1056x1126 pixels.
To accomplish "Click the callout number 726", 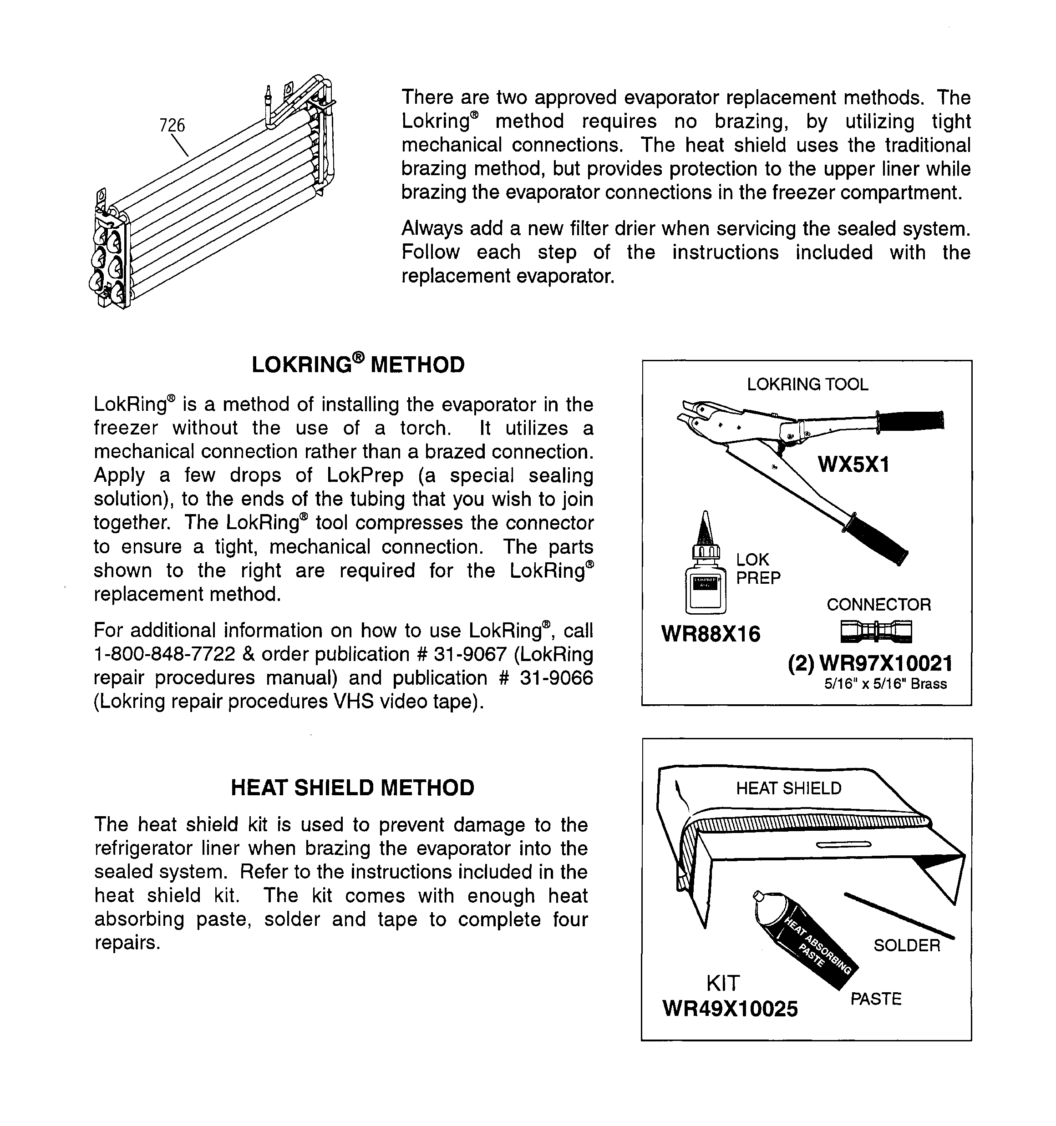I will tap(173, 125).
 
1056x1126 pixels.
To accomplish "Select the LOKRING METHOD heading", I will tap(358, 365).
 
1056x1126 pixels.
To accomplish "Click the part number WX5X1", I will tap(853, 465).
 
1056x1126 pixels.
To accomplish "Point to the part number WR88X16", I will tap(711, 634).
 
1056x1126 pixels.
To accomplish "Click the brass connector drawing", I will tap(876, 631).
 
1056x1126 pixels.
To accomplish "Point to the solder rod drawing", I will tap(899, 915).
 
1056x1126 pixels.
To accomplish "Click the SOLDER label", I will tap(906, 945).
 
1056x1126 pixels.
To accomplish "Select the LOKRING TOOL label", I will tap(807, 384).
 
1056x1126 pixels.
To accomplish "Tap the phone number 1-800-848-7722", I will tap(164, 654).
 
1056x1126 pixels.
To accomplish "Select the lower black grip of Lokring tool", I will tap(876, 539).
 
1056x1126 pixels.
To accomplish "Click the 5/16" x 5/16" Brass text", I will tap(885, 684).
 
